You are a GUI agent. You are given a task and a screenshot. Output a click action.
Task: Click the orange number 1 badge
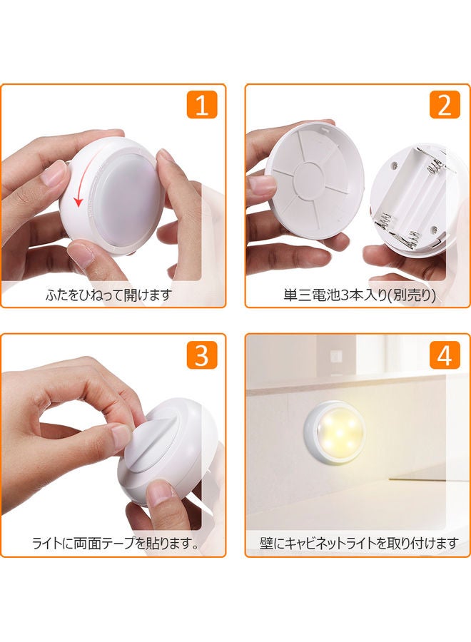pos(202,105)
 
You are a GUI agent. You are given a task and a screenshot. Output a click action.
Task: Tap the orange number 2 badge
pos(445,105)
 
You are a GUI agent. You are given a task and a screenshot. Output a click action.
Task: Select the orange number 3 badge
pos(202,355)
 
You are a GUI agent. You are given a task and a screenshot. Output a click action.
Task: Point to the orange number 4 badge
pos(445,355)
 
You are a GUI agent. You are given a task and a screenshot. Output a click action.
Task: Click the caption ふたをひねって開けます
pos(108,295)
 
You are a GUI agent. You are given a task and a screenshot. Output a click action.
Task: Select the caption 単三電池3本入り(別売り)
pos(360,295)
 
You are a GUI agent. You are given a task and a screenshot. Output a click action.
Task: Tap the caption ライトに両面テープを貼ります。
pos(116,544)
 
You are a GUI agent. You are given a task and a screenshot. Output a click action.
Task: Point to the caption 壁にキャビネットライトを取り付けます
pos(358,544)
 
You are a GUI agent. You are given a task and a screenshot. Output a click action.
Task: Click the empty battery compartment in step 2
pos(410,198)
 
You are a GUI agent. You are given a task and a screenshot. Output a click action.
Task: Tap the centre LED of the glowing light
pos(338,432)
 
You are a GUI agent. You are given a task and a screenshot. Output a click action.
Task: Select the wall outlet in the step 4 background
pos(336,357)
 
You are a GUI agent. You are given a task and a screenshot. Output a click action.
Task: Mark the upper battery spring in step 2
pos(435,165)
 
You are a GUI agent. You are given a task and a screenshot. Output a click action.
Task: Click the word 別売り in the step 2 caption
pos(411,295)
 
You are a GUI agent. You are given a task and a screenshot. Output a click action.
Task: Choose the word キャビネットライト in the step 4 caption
pos(329,544)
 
